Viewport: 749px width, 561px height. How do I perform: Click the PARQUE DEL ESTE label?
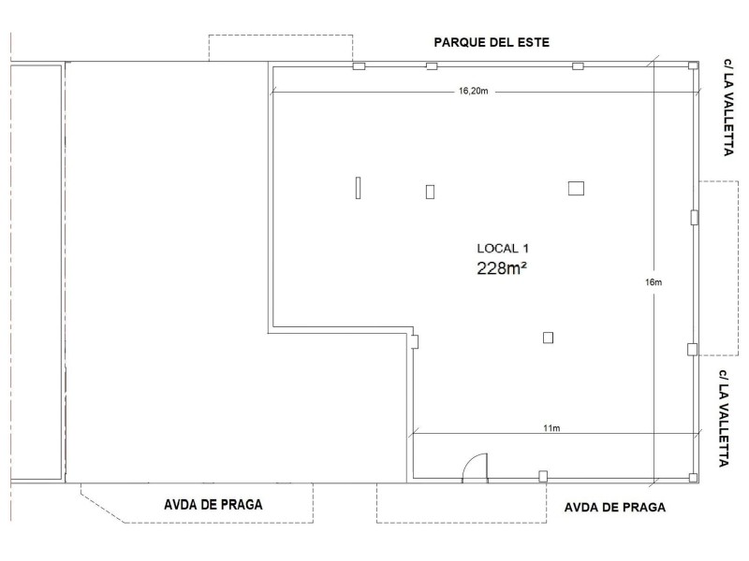pyautogui.click(x=492, y=42)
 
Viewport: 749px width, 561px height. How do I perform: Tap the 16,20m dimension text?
pyautogui.click(x=474, y=91)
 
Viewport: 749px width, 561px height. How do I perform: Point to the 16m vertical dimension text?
pyautogui.click(x=654, y=282)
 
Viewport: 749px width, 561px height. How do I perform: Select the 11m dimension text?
pyautogui.click(x=551, y=428)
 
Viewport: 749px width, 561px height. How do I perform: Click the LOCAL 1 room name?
pyautogui.click(x=503, y=248)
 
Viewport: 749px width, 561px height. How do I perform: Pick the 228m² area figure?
pyautogui.click(x=502, y=268)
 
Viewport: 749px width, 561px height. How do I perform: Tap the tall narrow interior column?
pyautogui.click(x=358, y=188)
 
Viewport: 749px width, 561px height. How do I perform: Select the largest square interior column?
pyautogui.click(x=576, y=189)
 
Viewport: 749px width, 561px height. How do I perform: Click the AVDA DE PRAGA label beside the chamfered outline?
pyautogui.click(x=213, y=504)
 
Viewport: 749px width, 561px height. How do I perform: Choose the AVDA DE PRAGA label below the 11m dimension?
pyautogui.click(x=615, y=507)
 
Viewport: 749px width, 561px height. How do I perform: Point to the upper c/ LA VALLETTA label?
pyautogui.click(x=728, y=108)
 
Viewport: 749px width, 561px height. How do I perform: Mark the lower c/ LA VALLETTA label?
pyautogui.click(x=724, y=418)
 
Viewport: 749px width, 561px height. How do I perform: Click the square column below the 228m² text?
pyautogui.click(x=548, y=338)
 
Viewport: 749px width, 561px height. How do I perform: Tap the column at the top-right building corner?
pyautogui.click(x=693, y=65)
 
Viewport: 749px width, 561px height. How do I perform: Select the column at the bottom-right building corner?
pyautogui.click(x=693, y=478)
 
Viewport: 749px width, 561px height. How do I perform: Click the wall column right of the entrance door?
pyautogui.click(x=543, y=476)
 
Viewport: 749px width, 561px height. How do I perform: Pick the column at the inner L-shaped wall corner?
pyautogui.click(x=415, y=341)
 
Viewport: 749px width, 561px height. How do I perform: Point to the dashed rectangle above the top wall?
pyautogui.click(x=281, y=48)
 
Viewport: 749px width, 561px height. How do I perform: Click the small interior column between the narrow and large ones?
pyautogui.click(x=430, y=192)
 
